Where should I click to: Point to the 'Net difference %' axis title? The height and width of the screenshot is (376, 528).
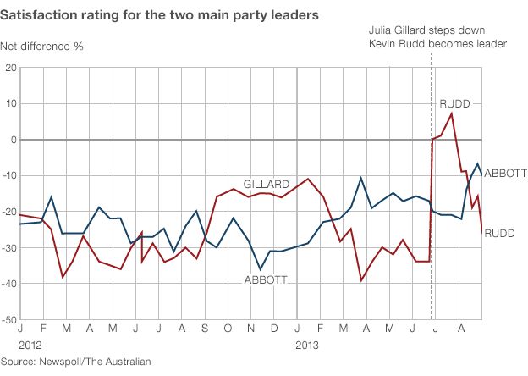47,45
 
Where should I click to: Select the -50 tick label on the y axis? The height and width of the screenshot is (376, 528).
9,320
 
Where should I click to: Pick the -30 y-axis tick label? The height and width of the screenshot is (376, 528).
9,248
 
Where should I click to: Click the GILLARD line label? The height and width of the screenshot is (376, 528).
267,183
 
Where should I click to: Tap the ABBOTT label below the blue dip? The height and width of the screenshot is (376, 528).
267,280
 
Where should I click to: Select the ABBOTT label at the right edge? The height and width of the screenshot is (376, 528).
506,173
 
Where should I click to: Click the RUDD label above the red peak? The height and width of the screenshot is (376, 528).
455,103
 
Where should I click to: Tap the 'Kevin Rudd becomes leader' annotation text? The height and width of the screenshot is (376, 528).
432,44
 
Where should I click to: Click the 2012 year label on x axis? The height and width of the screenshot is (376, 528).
30,346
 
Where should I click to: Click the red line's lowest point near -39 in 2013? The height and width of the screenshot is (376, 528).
362,280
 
